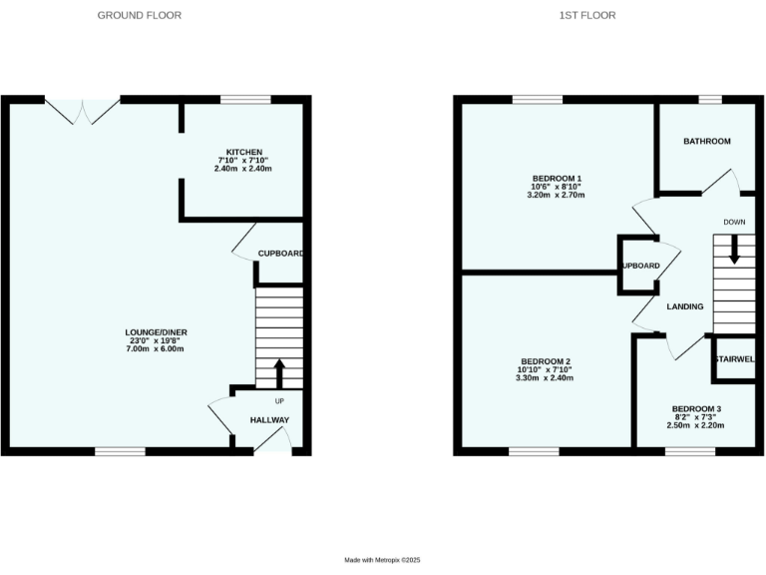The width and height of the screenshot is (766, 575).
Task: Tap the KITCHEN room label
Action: pyautogui.click(x=242, y=152)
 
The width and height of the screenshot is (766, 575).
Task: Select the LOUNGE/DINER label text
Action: pyautogui.click(x=157, y=331)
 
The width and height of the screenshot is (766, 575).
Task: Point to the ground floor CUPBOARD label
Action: pyautogui.click(x=280, y=254)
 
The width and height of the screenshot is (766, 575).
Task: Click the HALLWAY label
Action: pyautogui.click(x=269, y=420)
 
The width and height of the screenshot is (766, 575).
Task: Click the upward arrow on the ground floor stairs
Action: pyautogui.click(x=279, y=372)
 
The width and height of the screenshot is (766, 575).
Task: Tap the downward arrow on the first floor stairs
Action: pyautogui.click(x=734, y=249)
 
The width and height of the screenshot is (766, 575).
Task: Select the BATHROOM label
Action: pyautogui.click(x=706, y=142)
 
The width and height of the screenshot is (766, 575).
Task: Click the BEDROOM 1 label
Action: pyautogui.click(x=557, y=178)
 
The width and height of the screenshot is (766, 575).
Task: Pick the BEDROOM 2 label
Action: pyautogui.click(x=546, y=360)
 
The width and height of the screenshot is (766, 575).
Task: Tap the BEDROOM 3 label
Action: pyautogui.click(x=695, y=408)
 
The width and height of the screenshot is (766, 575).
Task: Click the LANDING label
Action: pyautogui.click(x=685, y=306)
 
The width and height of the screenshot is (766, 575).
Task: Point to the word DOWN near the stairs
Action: pyautogui.click(x=734, y=222)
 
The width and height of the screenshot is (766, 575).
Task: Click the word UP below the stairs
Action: pyautogui.click(x=279, y=401)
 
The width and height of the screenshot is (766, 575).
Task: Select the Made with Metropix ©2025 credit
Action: pyautogui.click(x=383, y=561)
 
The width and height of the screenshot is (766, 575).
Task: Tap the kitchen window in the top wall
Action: pyautogui.click(x=244, y=100)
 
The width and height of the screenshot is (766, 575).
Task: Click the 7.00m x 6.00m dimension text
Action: pyautogui.click(x=157, y=349)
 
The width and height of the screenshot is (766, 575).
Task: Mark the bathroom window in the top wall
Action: pyautogui.click(x=709, y=100)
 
